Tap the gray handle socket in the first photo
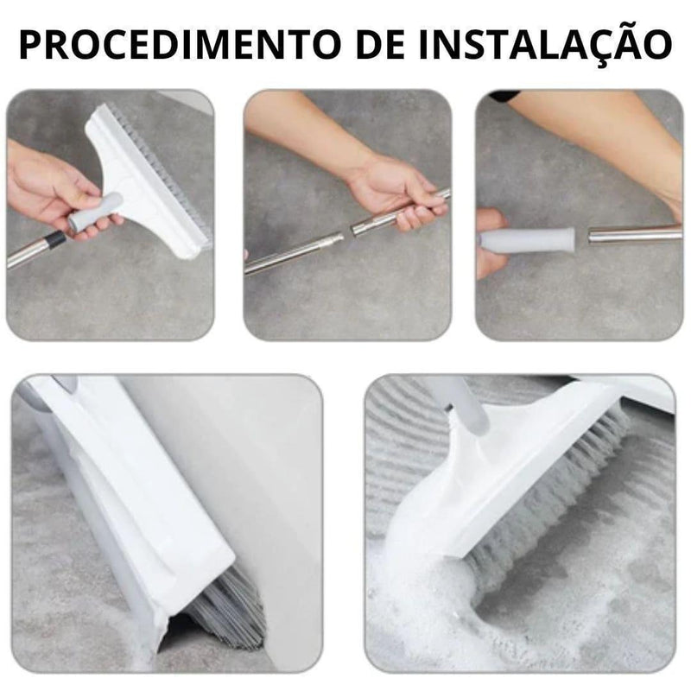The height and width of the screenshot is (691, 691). pyautogui.click(x=95, y=212)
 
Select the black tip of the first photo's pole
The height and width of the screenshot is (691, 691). pyautogui.click(x=54, y=240)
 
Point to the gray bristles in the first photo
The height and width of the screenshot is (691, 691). pyautogui.click(x=168, y=164)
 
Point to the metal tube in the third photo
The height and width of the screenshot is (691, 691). pyautogui.click(x=635, y=232)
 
